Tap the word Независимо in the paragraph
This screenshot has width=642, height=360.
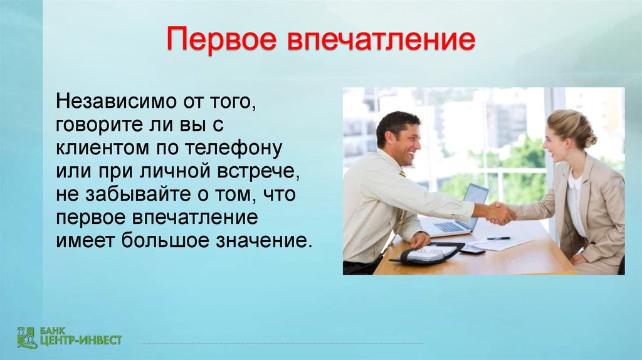pos(116,101)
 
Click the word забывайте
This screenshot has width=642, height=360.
pos(139,194)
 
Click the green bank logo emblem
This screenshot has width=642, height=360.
pos(27,338)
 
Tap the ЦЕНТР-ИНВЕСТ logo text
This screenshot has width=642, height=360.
pos(81,340)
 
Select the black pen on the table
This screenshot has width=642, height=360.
pos(498,238)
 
